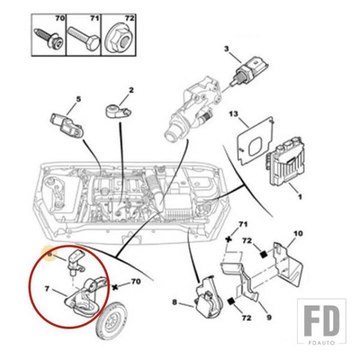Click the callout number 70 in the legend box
59,19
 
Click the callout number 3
227,48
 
